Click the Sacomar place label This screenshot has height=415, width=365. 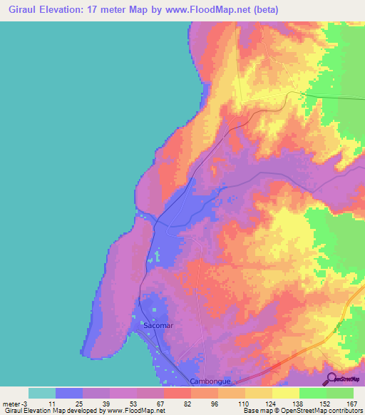(x=158, y=325)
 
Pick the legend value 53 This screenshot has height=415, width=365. (x=137, y=403)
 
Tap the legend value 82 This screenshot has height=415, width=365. (x=191, y=403)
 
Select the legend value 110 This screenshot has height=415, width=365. (x=245, y=403)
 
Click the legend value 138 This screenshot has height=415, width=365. (x=299, y=403)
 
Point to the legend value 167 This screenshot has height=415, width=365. (x=352, y=403)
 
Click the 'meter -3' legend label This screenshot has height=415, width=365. (x=16, y=403)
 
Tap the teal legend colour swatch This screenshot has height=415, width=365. (x=42, y=393)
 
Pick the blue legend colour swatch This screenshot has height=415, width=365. (x=69, y=393)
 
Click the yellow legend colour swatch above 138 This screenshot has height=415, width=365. (x=286, y=393)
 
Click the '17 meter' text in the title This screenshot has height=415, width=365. (x=115, y=9)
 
